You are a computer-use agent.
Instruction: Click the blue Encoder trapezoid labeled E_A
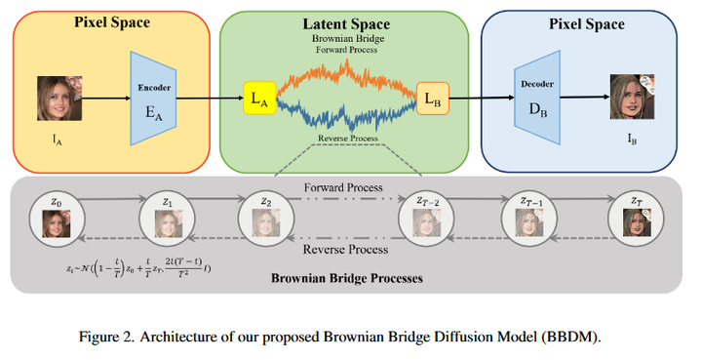[x=151, y=99]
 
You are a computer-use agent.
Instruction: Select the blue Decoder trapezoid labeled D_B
[x=534, y=99]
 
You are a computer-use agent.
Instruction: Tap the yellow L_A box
[x=258, y=98]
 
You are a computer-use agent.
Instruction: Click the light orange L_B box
[x=432, y=99]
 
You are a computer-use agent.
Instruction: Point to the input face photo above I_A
[x=56, y=100]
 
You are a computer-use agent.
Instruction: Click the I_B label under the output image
[x=630, y=140]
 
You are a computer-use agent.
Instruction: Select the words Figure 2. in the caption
[x=109, y=337]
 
